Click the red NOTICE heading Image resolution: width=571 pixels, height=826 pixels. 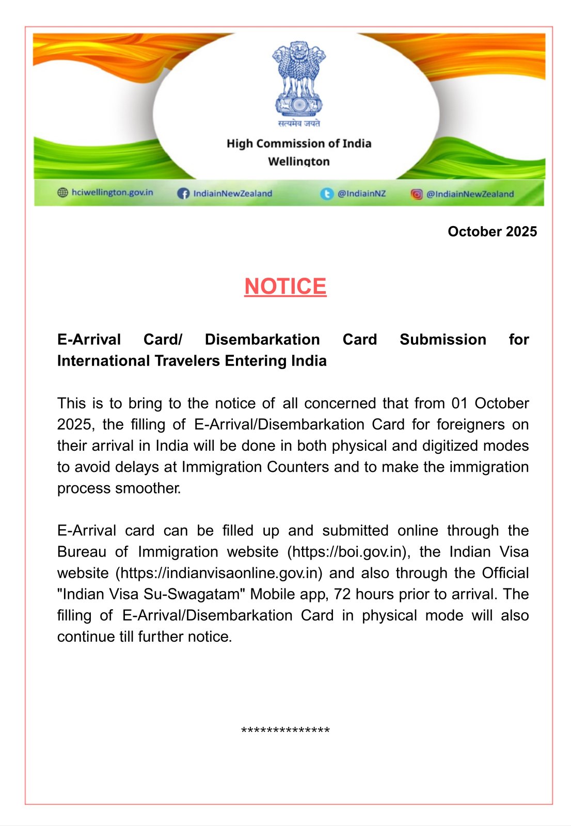click(x=285, y=287)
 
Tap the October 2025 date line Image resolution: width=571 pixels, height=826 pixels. click(x=492, y=231)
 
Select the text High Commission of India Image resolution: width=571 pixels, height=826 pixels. click(x=299, y=144)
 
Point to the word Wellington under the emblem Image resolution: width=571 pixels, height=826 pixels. click(x=299, y=161)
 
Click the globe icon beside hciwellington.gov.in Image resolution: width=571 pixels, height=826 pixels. click(x=62, y=193)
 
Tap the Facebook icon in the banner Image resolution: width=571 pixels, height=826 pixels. click(x=183, y=194)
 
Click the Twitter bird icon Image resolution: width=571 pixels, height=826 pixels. click(x=327, y=194)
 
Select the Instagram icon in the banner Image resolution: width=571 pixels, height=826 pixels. click(x=417, y=194)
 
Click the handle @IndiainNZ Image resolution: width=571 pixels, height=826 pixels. click(x=361, y=194)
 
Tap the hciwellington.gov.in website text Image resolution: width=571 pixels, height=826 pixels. click(x=113, y=193)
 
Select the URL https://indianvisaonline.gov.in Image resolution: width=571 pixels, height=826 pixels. click(x=219, y=573)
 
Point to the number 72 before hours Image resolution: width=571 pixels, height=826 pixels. click(x=342, y=594)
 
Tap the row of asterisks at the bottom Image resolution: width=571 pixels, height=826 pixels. click(x=285, y=730)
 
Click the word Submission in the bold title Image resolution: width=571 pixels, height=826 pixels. click(x=443, y=339)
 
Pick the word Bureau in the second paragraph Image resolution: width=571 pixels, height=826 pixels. click(x=82, y=552)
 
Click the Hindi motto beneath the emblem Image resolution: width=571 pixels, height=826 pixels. click(x=299, y=123)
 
